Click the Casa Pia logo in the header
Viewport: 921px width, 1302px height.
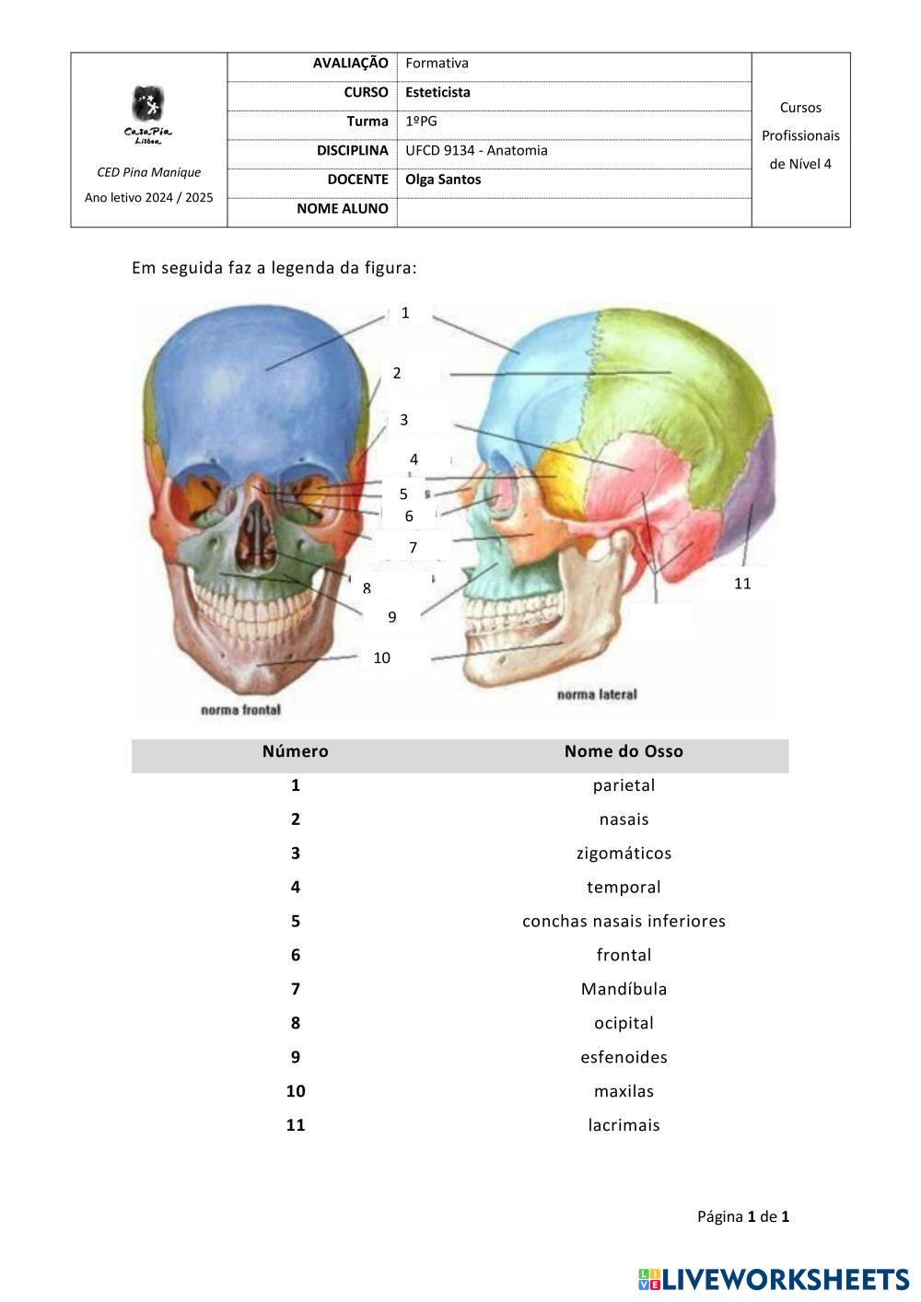click(147, 113)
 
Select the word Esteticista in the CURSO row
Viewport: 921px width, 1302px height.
click(437, 92)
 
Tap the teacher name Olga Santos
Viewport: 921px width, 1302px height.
click(443, 180)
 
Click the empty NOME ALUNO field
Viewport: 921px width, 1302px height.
click(574, 210)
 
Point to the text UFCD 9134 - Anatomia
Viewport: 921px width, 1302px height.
click(476, 150)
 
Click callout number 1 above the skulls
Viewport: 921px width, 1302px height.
click(405, 313)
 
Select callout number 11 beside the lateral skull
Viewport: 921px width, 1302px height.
click(742, 584)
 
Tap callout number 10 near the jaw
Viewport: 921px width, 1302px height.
click(381, 657)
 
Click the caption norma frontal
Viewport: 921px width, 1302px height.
click(240, 710)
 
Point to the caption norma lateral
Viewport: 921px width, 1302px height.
click(597, 694)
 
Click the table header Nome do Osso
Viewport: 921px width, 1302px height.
click(624, 751)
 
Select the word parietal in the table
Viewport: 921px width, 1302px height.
click(624, 785)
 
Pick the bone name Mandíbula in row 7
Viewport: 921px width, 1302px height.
click(624, 989)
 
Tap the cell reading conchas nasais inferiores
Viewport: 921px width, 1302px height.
click(624, 921)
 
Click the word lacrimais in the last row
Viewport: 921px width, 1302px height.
click(624, 1125)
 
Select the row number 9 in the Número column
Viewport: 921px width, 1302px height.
click(296, 1057)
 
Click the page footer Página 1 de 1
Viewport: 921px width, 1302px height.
click(742, 1216)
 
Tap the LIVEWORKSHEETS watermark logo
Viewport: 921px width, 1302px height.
click(774, 1279)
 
